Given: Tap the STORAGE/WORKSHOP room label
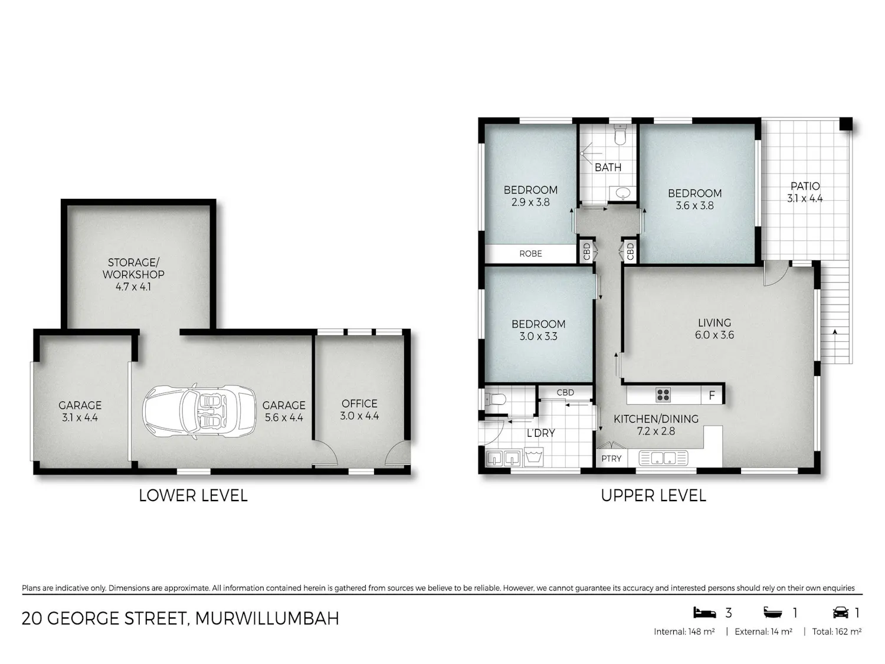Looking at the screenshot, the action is click(133, 274).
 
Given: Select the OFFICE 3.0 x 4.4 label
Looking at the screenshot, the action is click(359, 410).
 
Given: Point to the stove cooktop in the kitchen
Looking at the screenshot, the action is click(663, 395).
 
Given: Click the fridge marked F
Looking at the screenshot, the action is click(712, 395).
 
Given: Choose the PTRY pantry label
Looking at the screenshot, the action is click(611, 459).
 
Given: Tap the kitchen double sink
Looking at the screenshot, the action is click(663, 458).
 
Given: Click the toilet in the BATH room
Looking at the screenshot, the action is click(619, 135).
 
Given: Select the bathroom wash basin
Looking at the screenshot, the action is click(622, 193).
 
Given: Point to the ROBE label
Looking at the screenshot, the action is click(530, 254).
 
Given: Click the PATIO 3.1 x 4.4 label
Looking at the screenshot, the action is click(805, 192).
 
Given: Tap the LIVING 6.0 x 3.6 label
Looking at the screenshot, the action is click(714, 329).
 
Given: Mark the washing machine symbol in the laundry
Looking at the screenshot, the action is click(533, 457).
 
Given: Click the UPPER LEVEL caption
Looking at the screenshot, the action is click(654, 495).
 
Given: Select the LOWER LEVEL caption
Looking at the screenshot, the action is click(193, 495).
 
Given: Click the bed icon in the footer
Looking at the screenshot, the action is click(704, 613).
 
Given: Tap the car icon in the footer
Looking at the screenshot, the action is click(841, 613).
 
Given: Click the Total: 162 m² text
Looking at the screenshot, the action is click(837, 632).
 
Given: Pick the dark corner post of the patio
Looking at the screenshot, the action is click(846, 124).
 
